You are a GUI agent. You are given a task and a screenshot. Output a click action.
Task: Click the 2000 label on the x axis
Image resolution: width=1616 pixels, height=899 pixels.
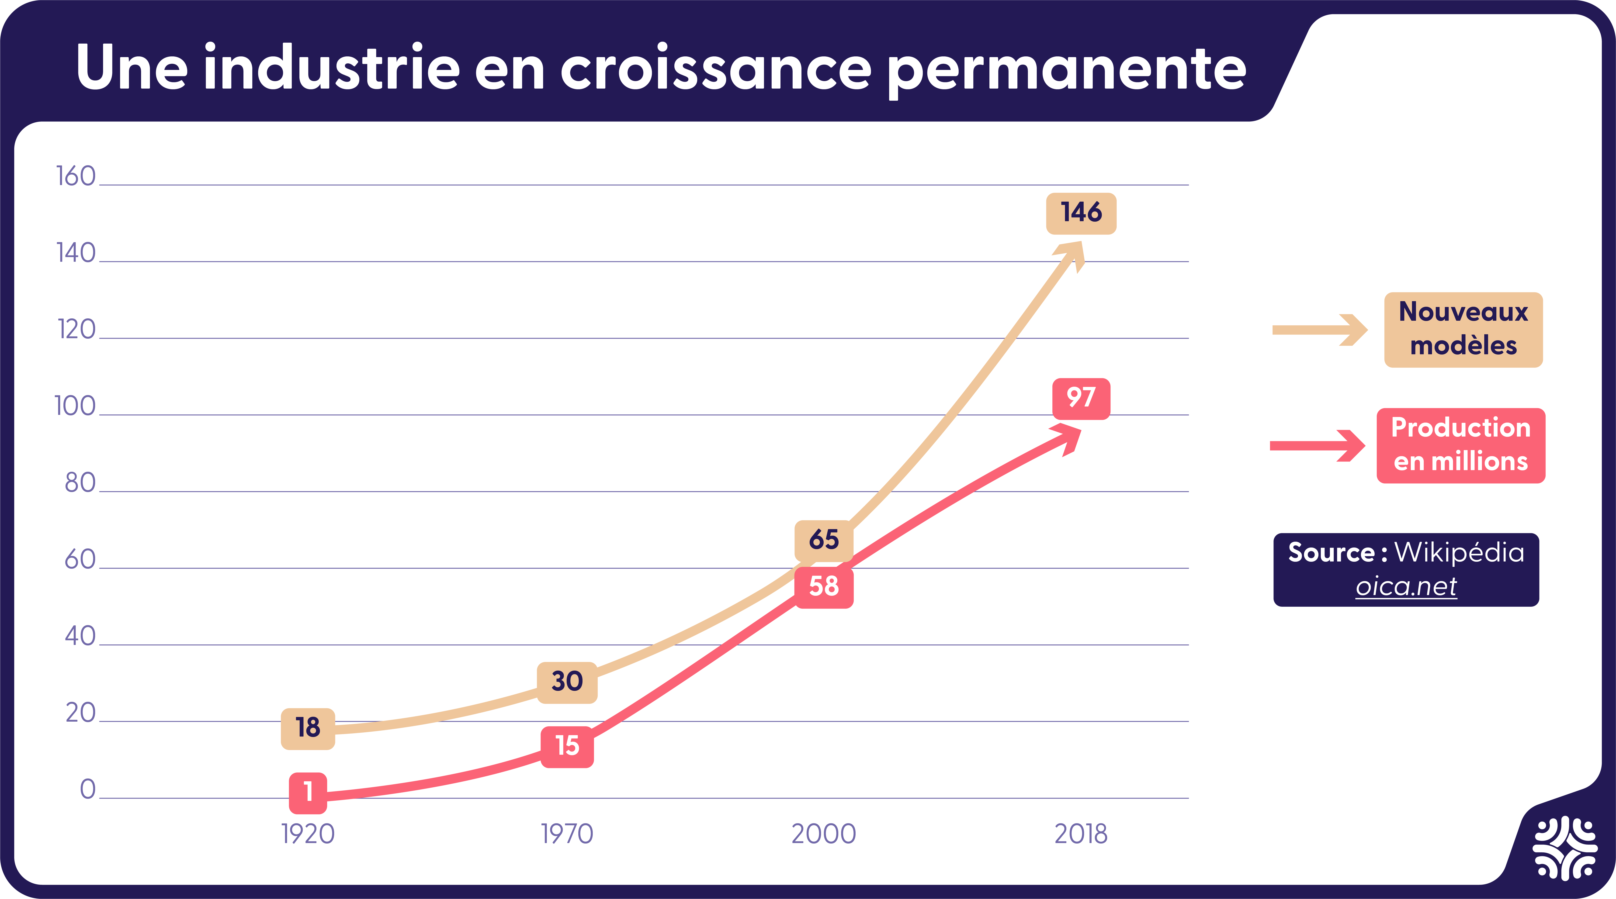click(x=824, y=834)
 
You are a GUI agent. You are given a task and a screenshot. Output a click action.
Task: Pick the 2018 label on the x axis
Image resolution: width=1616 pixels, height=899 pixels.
click(x=1081, y=834)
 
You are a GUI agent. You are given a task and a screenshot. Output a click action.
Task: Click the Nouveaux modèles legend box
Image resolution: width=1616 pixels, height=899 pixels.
click(x=1463, y=330)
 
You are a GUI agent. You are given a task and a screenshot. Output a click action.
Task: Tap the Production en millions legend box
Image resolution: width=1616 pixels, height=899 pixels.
click(x=1461, y=446)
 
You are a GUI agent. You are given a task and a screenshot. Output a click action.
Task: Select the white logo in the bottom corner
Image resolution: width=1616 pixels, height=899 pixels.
click(x=1565, y=856)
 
